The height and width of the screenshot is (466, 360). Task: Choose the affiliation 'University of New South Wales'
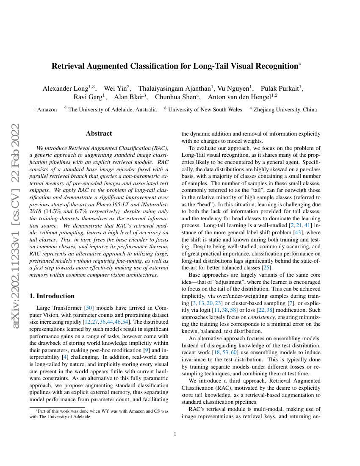click(205, 110)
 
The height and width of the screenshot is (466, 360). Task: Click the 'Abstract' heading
click(99, 133)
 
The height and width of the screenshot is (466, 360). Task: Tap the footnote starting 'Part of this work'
click(99, 413)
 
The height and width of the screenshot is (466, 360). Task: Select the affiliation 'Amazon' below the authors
click(47, 110)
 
